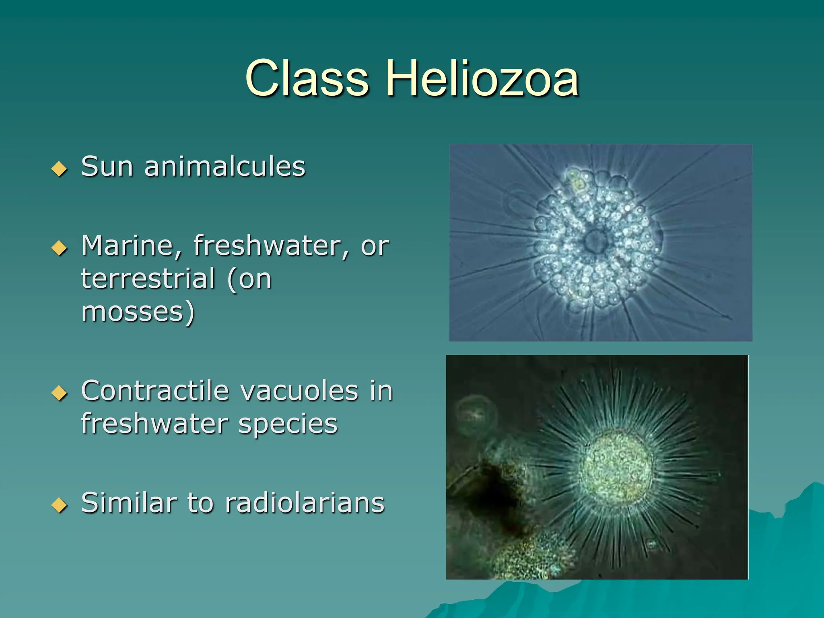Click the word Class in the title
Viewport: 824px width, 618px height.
tap(307, 78)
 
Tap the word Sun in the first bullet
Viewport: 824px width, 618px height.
tap(107, 166)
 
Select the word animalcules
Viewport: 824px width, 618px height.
tap(225, 166)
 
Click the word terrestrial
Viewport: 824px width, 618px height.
tap(148, 278)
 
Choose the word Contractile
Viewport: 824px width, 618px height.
tap(155, 391)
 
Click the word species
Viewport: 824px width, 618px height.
tap(288, 424)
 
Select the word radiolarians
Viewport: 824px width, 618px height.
tap(305, 503)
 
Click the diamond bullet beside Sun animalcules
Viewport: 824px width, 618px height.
tap(60, 169)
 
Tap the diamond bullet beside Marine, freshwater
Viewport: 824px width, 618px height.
tap(60, 248)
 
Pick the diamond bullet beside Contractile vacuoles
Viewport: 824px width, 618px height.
tap(60, 393)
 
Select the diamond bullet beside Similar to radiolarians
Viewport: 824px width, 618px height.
tap(60, 505)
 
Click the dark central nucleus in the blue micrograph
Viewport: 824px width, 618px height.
tap(595, 241)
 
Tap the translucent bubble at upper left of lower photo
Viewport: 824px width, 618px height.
tap(476, 416)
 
